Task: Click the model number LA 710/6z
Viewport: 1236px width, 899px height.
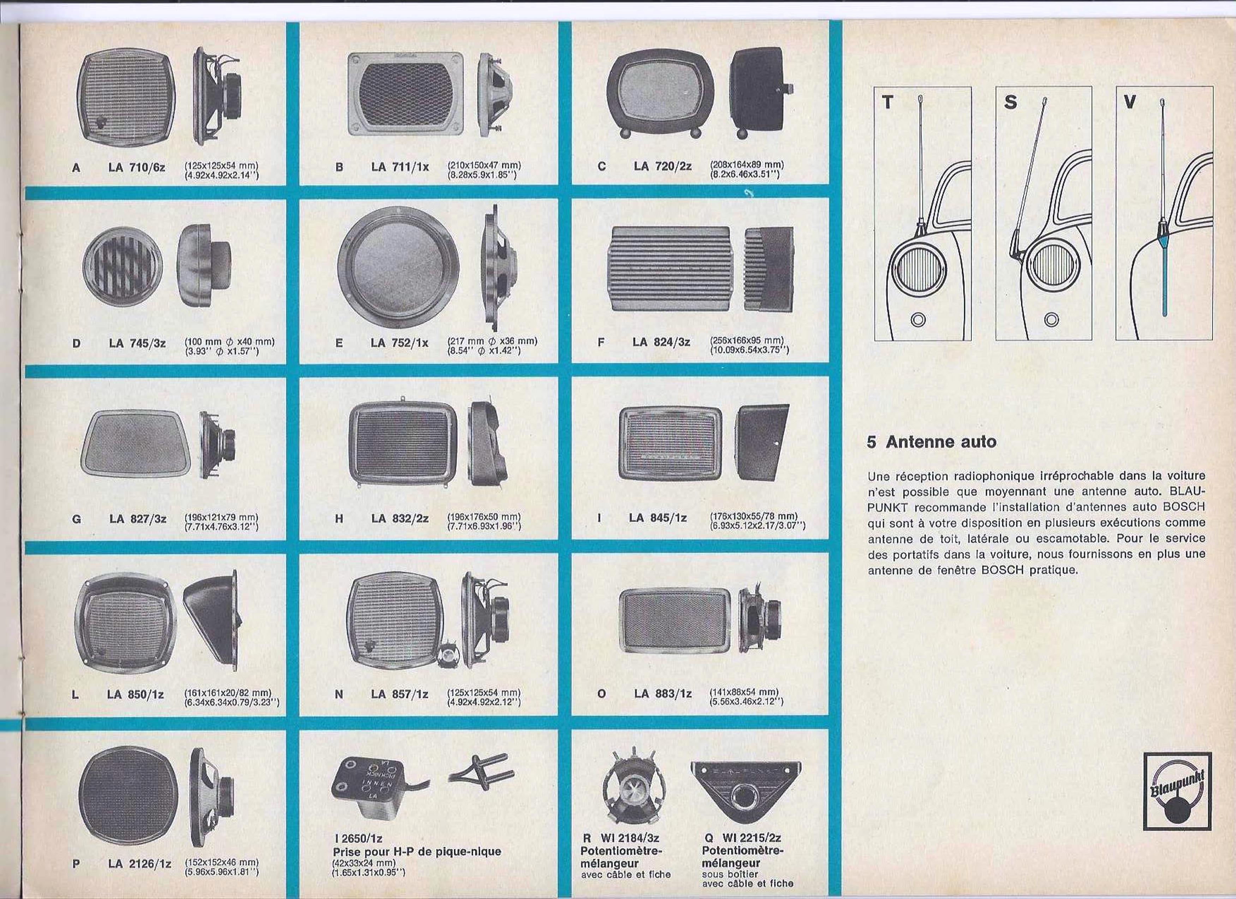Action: (x=137, y=167)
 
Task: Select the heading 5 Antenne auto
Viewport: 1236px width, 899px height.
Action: (x=931, y=441)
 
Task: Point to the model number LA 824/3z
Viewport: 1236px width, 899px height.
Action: (x=661, y=342)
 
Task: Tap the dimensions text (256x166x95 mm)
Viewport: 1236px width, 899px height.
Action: (x=747, y=340)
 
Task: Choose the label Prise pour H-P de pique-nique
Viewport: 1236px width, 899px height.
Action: (x=417, y=851)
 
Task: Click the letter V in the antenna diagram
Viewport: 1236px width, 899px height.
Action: (x=1130, y=102)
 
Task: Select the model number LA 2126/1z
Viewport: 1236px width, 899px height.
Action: (x=139, y=864)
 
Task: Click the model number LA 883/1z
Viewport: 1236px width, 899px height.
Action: (x=663, y=693)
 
